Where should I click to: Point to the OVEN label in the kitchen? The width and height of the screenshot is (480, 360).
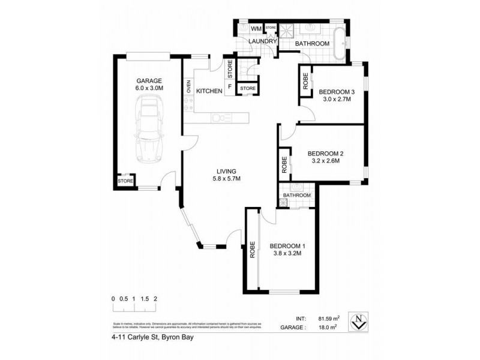click(188, 87)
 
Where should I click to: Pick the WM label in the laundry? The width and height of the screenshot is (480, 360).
click(256, 29)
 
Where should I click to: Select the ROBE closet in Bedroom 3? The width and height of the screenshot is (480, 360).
click(305, 82)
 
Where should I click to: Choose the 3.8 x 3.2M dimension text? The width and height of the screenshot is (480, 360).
click(285, 254)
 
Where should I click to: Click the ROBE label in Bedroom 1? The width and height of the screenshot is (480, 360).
click(252, 249)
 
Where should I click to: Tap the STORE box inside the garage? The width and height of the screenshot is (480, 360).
click(125, 181)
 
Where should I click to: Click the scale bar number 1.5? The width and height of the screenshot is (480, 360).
click(145, 298)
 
